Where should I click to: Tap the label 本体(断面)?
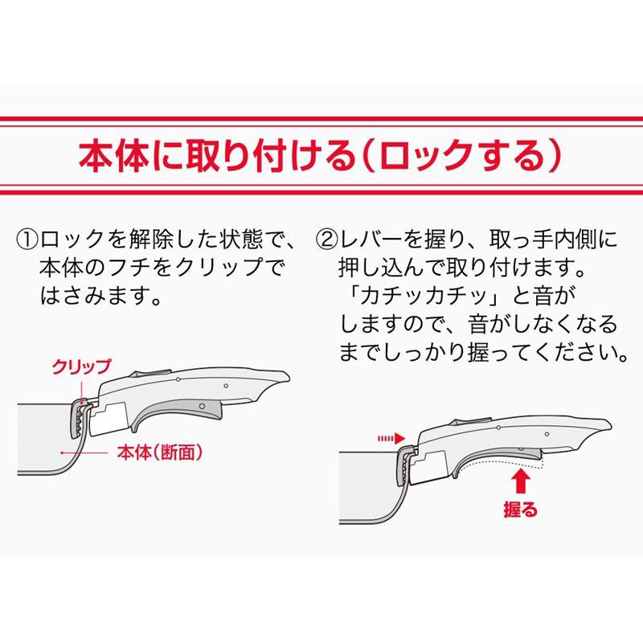click(x=158, y=453)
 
